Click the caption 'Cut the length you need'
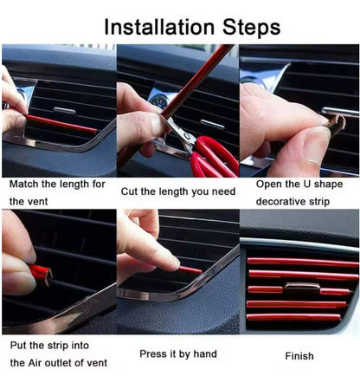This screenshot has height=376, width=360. click(x=177, y=191)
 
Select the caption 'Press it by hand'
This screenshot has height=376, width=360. click(x=178, y=353)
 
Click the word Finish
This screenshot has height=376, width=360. click(x=299, y=355)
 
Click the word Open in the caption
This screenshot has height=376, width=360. click(x=269, y=184)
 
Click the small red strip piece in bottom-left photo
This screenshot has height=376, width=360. click(x=40, y=276)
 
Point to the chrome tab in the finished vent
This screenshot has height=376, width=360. click(x=299, y=286)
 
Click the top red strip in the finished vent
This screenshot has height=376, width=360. click(x=302, y=261)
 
